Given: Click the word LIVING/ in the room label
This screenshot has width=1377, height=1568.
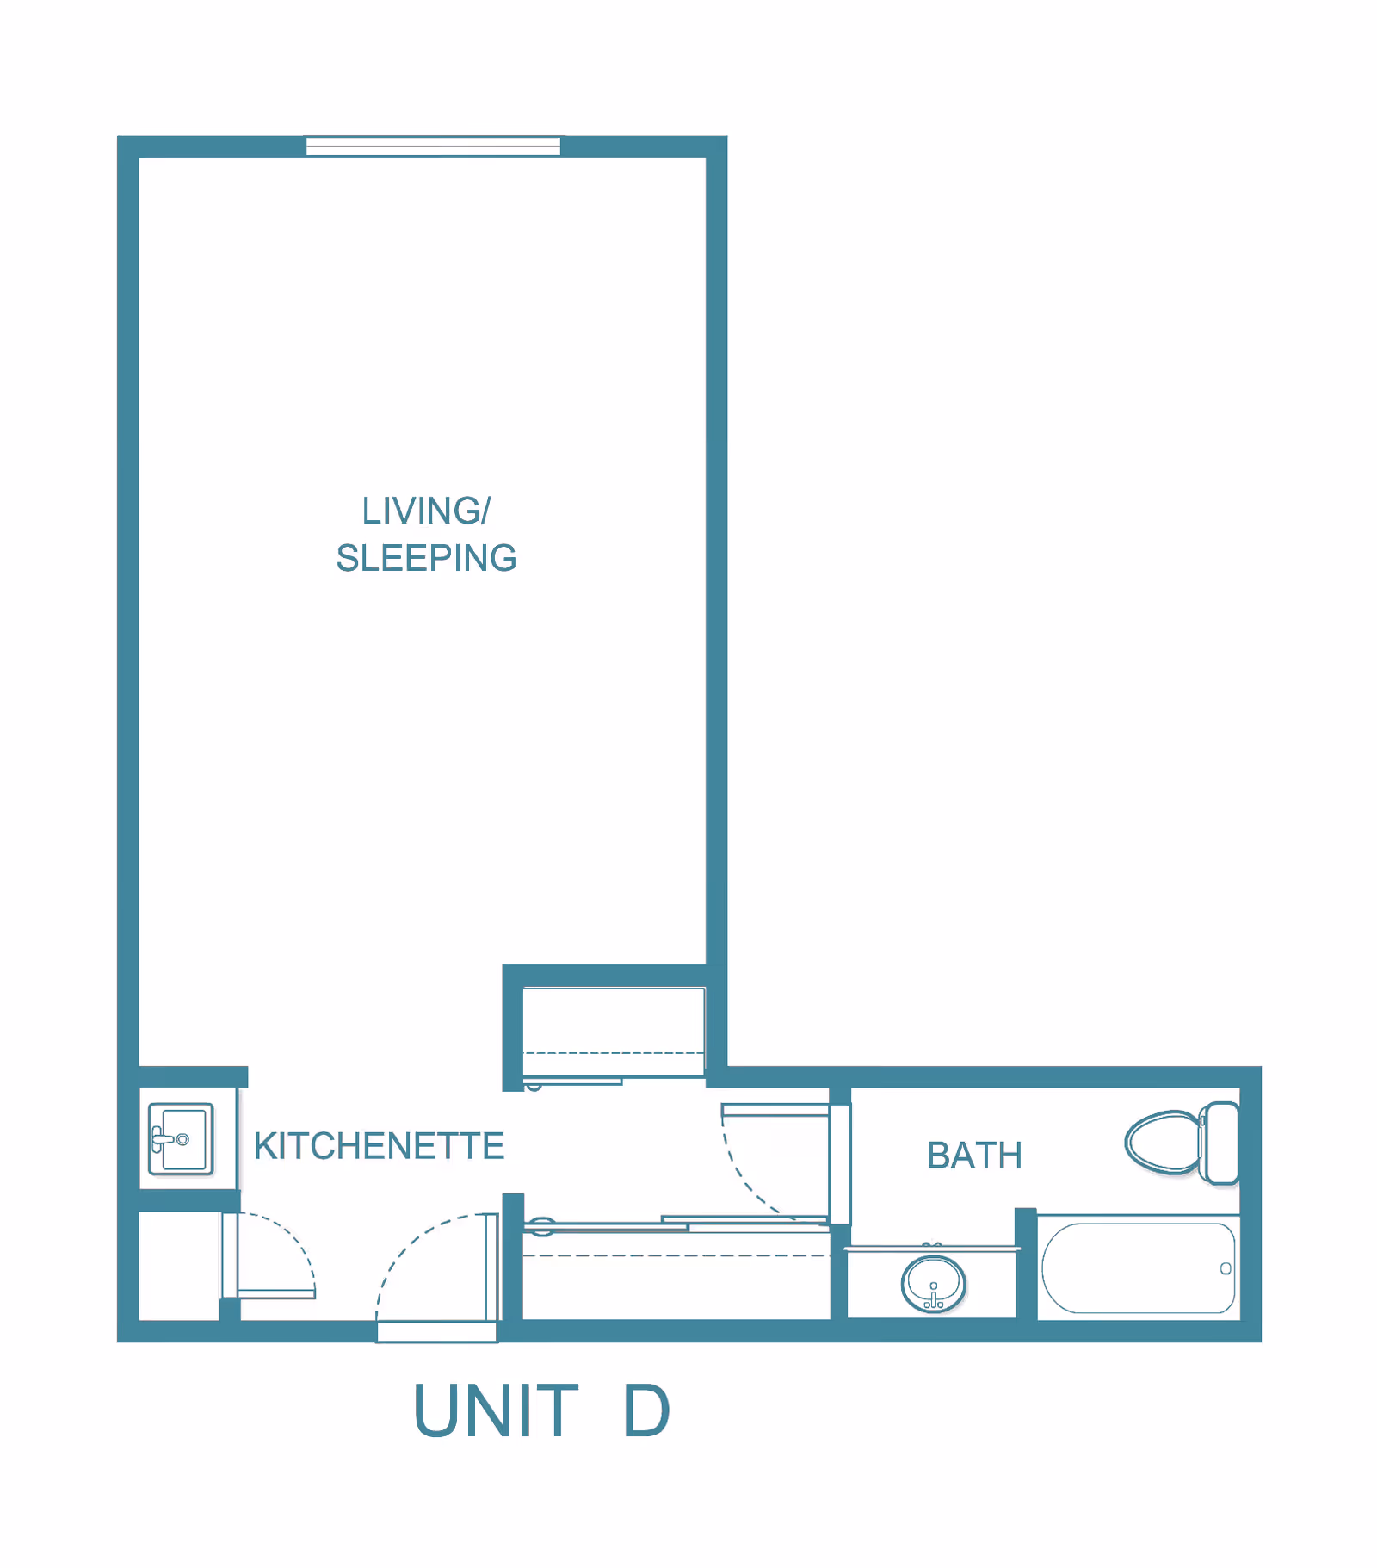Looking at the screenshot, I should pos(426,511).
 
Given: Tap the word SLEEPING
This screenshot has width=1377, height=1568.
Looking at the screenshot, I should pos(426,558).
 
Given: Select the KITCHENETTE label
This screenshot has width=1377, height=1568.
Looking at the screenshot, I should pos(379,1146).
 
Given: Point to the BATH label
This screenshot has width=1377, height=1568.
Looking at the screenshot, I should pos(974,1156).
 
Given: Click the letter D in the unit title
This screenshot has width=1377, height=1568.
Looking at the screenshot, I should pos(645,1410).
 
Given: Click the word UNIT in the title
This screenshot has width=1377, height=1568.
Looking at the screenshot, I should pos(496,1410).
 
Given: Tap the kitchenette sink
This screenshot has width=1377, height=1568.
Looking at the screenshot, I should pos(181,1138).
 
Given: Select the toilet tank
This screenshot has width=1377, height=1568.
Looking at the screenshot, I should pos(1220,1143).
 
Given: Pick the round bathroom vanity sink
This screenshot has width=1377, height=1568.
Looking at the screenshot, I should pos(933,1284).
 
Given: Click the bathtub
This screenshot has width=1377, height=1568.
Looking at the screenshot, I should pos(1138,1267).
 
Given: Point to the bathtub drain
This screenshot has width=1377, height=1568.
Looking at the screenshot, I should pos(1226,1268).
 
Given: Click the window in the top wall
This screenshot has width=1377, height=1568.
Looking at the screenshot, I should pos(433,146).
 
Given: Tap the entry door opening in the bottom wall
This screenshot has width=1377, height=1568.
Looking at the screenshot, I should pos(437,1331).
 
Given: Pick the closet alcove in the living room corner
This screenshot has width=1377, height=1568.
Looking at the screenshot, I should pos(613,1030).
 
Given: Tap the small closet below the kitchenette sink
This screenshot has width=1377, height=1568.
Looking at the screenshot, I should pos(179,1264).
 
